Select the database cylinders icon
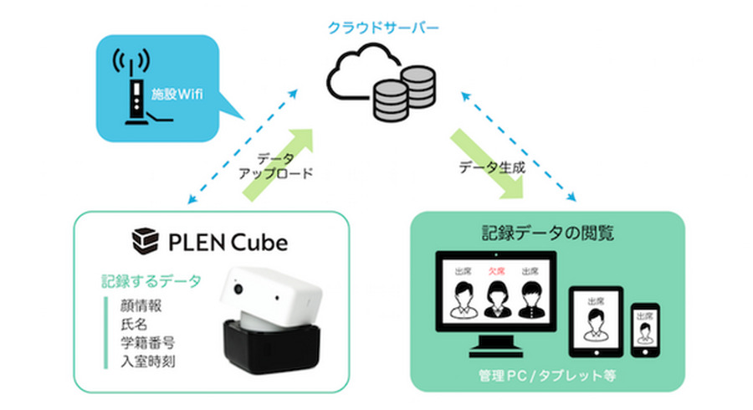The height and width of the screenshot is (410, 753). (402, 94)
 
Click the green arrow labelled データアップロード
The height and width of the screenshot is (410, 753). (277, 165)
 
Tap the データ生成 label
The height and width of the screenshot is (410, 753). (492, 167)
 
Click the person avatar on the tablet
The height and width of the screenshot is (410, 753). (595, 322)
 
